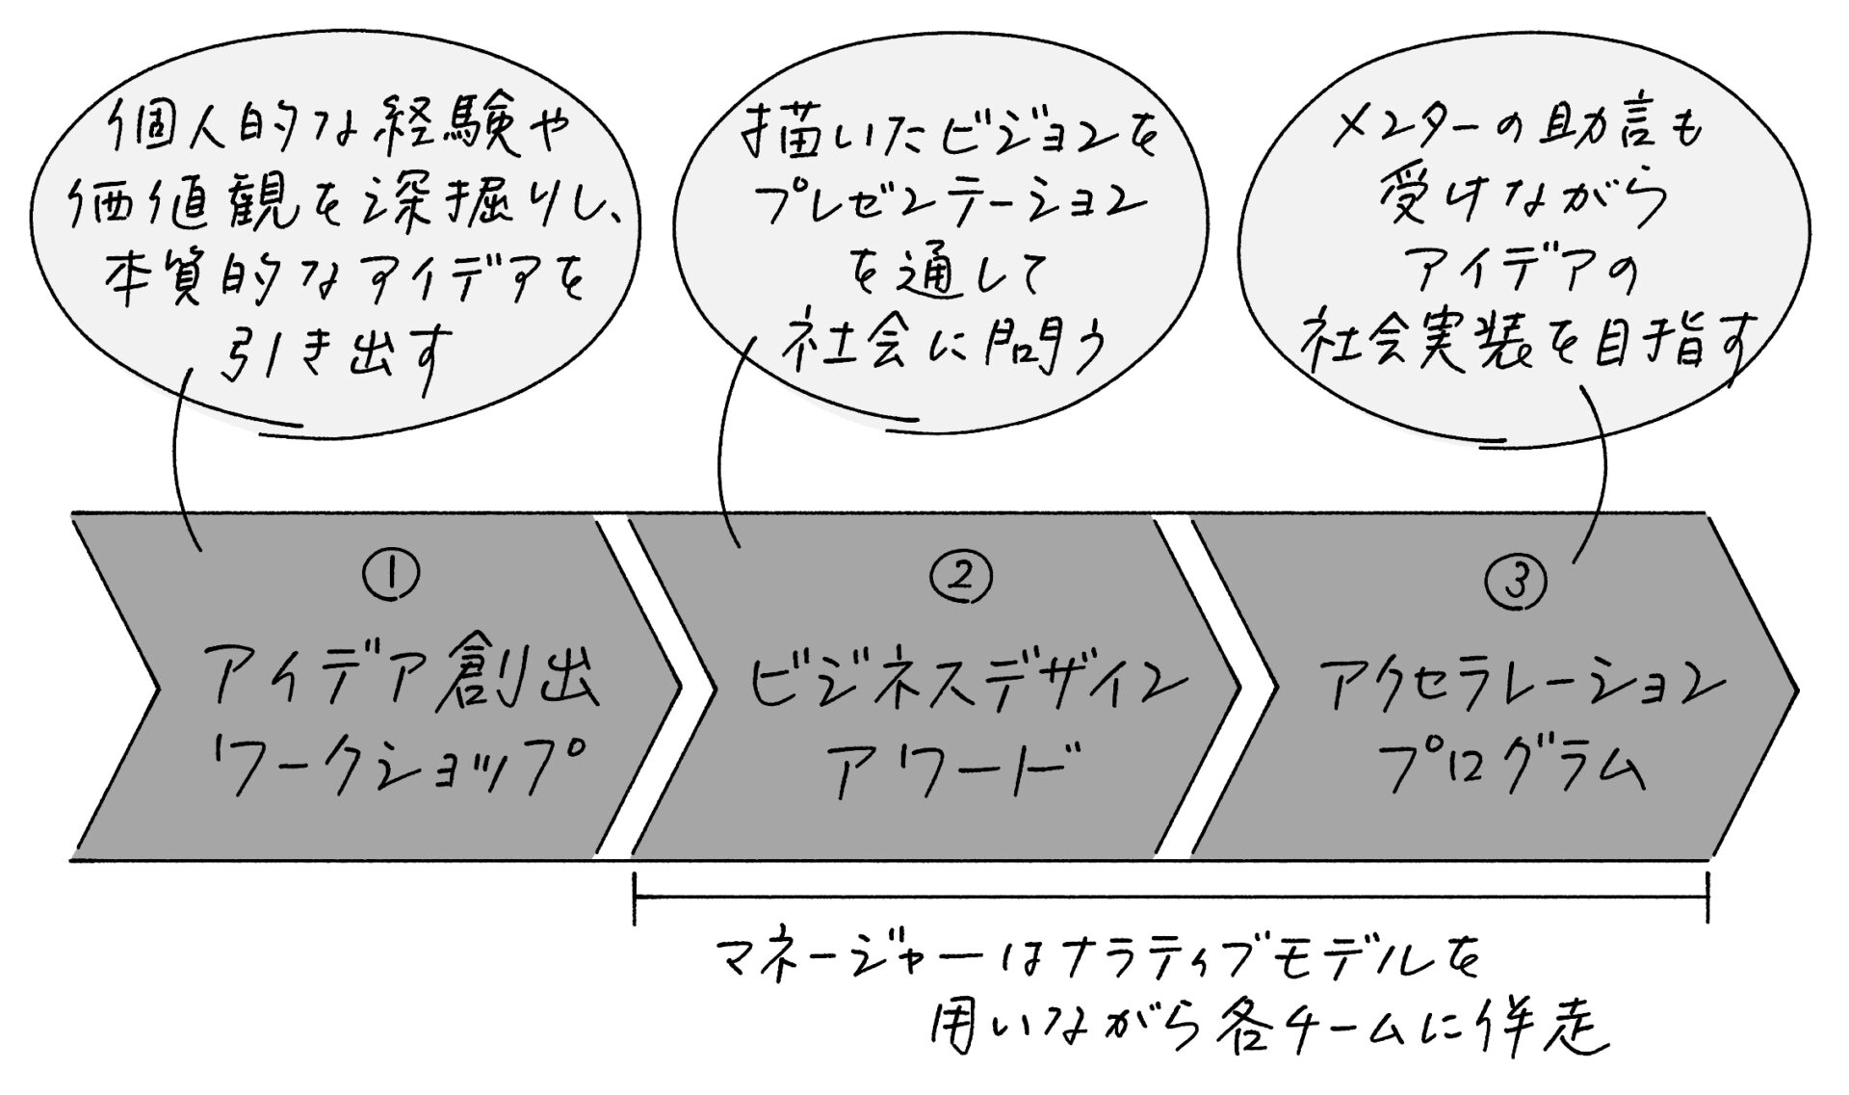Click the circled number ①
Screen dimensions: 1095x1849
[x=390, y=576]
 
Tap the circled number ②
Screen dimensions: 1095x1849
[x=960, y=576]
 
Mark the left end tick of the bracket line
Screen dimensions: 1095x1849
[x=635, y=898]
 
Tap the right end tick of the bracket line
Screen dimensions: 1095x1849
[x=1707, y=898]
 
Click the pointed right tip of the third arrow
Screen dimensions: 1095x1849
[x=1795, y=688]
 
